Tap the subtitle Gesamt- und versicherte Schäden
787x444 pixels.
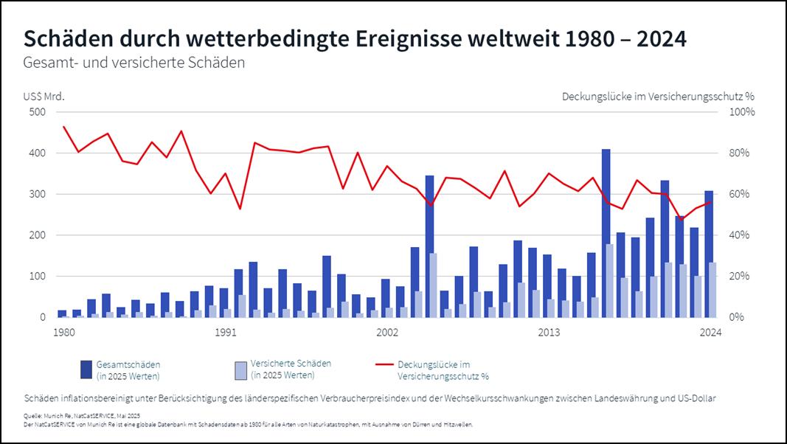[134, 63]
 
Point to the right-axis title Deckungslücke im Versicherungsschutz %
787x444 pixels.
[658, 96]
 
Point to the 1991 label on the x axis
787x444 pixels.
[225, 333]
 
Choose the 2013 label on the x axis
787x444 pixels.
[549, 333]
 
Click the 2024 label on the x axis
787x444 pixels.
[710, 333]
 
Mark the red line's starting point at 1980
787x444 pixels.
[63, 127]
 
